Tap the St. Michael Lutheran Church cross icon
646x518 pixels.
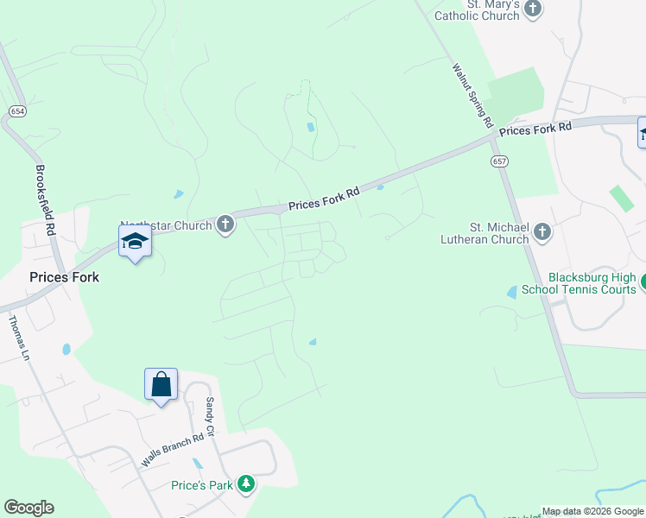(x=541, y=231)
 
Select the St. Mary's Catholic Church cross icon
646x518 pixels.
(x=534, y=9)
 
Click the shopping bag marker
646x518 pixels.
(x=161, y=384)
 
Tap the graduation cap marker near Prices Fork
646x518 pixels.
(x=135, y=241)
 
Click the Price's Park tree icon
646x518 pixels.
(x=247, y=484)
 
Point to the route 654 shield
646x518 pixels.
(x=17, y=111)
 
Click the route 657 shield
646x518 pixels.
(x=499, y=161)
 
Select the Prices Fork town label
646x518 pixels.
(x=64, y=277)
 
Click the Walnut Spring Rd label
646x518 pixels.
(x=472, y=94)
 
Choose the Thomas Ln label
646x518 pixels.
(x=19, y=338)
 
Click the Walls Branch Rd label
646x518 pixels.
(x=173, y=449)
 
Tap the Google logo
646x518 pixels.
(x=28, y=508)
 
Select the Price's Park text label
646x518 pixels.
(x=202, y=485)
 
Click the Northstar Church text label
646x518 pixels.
(x=166, y=226)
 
